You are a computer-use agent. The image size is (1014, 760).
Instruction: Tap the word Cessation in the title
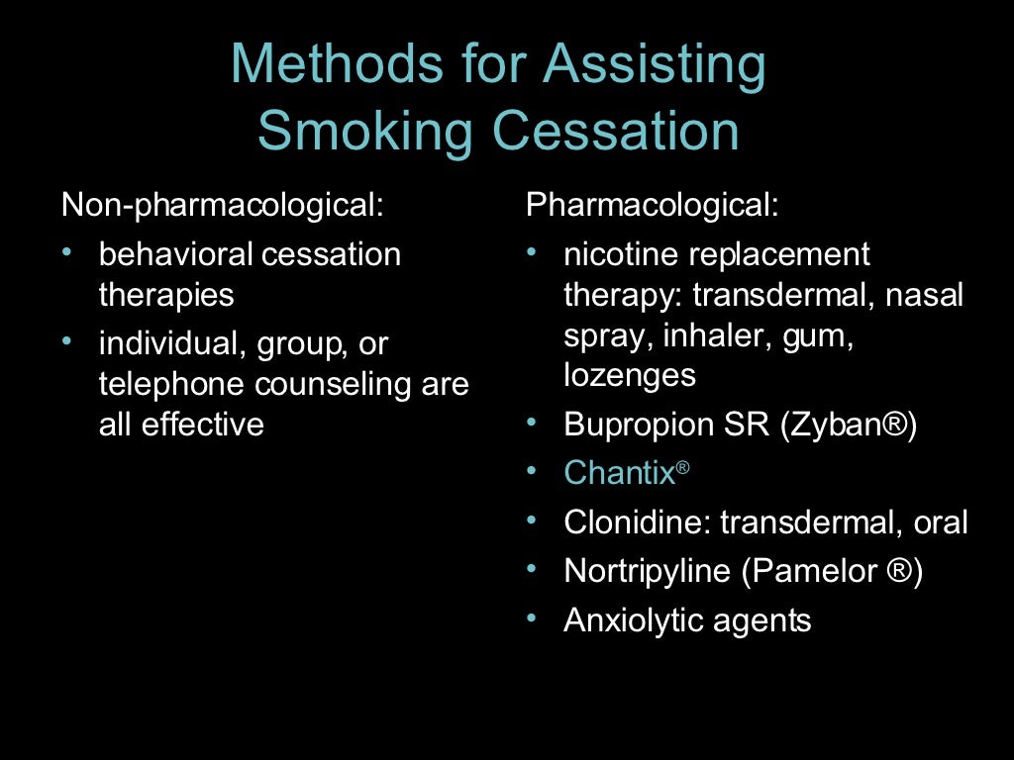608,131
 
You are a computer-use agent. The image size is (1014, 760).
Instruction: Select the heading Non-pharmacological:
222,205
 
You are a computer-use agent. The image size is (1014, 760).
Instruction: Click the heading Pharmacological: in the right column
653,205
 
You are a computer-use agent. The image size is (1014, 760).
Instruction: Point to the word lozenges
630,375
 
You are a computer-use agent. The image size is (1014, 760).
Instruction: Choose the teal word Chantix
619,473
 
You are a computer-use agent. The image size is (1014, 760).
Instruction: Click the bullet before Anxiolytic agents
533,618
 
